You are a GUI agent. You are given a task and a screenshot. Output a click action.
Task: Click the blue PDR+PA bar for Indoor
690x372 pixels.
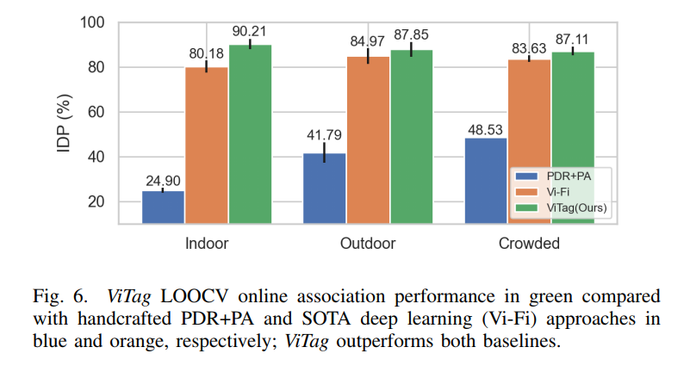[x=164, y=207]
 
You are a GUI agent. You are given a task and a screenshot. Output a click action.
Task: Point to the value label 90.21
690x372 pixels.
[x=250, y=32]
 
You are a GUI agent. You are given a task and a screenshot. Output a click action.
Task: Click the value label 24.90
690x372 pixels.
[x=164, y=179]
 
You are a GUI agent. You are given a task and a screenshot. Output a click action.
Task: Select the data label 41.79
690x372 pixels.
[x=325, y=134]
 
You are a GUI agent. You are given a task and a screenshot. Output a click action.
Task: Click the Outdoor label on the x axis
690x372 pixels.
[x=368, y=244]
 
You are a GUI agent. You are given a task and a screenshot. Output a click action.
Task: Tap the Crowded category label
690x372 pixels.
[x=529, y=244]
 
